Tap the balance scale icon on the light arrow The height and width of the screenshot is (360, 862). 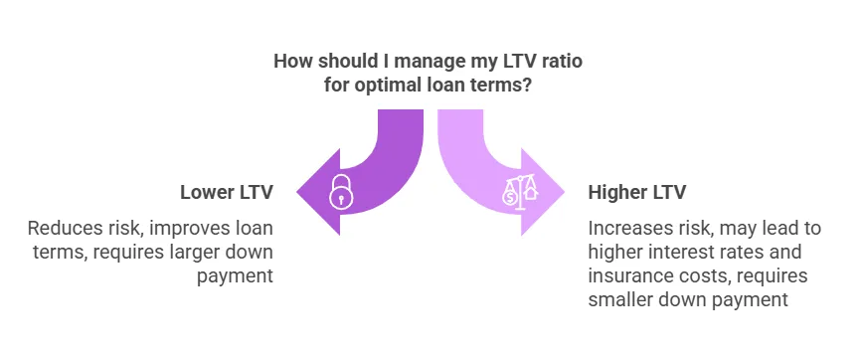(518, 192)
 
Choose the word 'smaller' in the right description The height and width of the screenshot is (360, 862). (620, 298)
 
